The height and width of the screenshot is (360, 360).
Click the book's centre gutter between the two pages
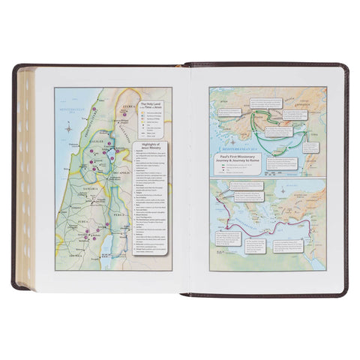[x=180, y=180]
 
